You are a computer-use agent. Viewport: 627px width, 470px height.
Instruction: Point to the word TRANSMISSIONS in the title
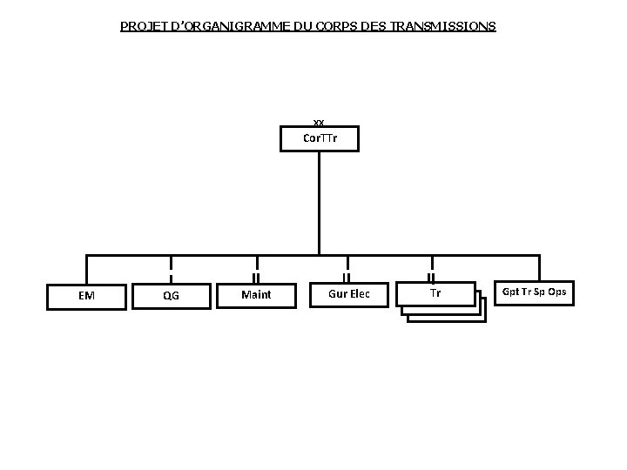coord(443,26)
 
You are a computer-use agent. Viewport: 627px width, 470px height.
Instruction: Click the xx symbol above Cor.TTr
coord(319,123)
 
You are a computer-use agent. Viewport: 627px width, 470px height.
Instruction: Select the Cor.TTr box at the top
coord(320,138)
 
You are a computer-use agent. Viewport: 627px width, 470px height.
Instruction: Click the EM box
coord(86,295)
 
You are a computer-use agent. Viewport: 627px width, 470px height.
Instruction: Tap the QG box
coord(171,295)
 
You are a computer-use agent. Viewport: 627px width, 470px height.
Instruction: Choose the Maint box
coord(256,295)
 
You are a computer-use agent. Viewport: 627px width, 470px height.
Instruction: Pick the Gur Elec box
coord(349,294)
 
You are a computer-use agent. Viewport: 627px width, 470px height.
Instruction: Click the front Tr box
coord(435,293)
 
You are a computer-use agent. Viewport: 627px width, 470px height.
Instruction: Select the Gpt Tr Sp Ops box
coord(534,292)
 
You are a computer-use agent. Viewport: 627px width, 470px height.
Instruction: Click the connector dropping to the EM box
coord(86,268)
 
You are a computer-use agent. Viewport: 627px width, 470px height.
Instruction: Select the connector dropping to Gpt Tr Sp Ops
coord(539,267)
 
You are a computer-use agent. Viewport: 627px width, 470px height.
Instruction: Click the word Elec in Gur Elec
coord(360,294)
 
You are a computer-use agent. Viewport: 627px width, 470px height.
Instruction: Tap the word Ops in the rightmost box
coord(557,292)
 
